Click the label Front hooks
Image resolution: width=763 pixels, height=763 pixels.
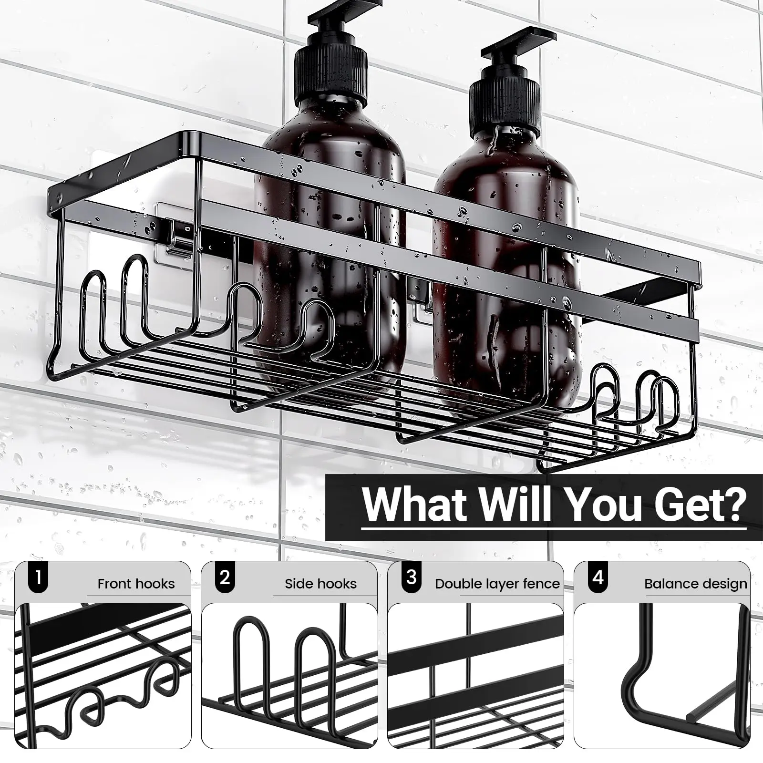point(136,584)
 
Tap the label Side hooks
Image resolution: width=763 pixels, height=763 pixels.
point(320,584)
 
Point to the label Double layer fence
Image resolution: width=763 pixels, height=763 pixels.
point(497,584)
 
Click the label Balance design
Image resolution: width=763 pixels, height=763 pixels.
point(695,584)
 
